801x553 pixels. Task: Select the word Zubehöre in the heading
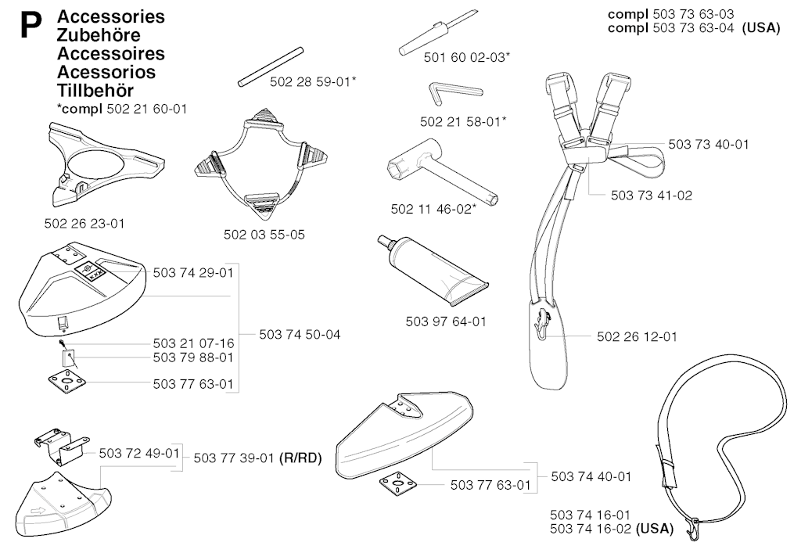(x=99, y=35)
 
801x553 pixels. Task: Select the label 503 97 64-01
(x=446, y=321)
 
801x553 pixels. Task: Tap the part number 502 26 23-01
(x=84, y=224)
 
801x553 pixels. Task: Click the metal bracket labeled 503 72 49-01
(x=60, y=447)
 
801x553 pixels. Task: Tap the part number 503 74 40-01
(x=591, y=476)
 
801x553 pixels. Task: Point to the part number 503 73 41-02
(x=651, y=196)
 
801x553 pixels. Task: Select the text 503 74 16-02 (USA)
(x=611, y=529)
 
